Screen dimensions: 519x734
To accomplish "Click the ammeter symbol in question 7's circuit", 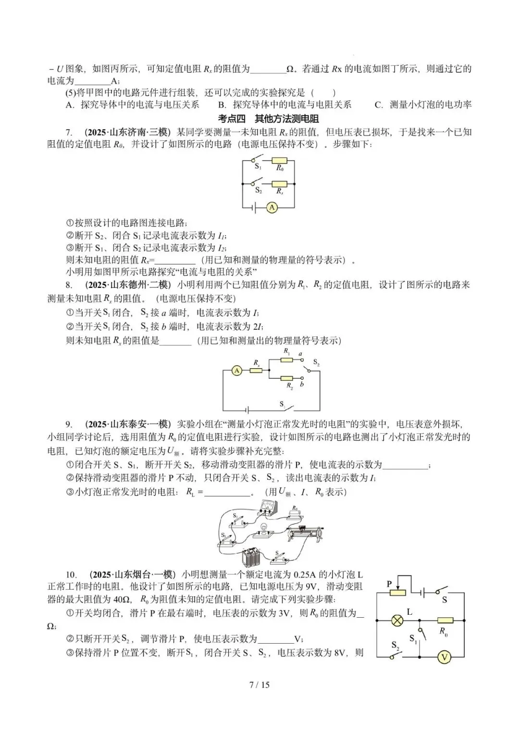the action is (x=272, y=207).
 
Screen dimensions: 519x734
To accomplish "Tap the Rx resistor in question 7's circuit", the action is (x=279, y=184).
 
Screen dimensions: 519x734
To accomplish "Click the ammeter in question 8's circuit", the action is (x=236, y=371).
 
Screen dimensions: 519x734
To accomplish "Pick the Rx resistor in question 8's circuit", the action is (x=256, y=371).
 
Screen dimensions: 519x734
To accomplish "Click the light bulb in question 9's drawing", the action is (x=263, y=529).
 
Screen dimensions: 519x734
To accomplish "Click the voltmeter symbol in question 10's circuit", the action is (x=445, y=657).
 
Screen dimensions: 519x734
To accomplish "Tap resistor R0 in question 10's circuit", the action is (x=445, y=621).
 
